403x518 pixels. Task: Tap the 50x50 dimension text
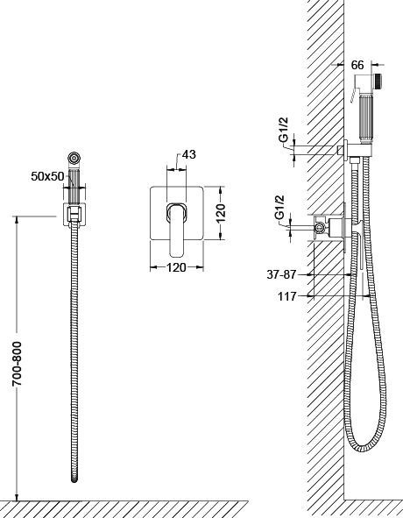47,176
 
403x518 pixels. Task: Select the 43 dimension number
189,154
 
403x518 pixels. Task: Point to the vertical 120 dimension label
221,212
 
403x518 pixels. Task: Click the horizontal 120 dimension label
176,267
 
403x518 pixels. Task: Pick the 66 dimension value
357,65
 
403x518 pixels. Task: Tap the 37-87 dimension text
281,274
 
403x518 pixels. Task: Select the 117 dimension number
287,296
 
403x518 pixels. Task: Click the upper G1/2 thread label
284,130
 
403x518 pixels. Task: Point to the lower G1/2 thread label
279,208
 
